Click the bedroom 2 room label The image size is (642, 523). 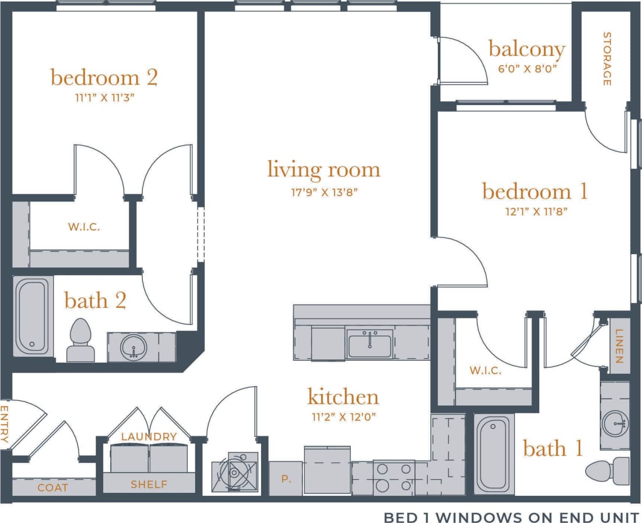pyautogui.click(x=104, y=77)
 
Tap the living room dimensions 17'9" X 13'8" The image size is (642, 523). pyautogui.click(x=324, y=192)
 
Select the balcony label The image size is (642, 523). pyautogui.click(x=527, y=50)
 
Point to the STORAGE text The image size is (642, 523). pyautogui.click(x=607, y=58)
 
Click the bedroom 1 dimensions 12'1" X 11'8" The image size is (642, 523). pyautogui.click(x=536, y=212)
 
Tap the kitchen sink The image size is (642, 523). pyautogui.click(x=369, y=344)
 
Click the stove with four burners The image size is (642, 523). pyautogui.click(x=394, y=477)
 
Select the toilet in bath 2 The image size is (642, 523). pyautogui.click(x=81, y=341)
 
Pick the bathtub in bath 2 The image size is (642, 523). pyautogui.click(x=32, y=316)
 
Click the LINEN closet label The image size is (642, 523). pyautogui.click(x=619, y=346)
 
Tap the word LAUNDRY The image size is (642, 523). pyautogui.click(x=149, y=437)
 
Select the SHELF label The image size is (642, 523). pyautogui.click(x=149, y=484)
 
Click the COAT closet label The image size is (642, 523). pyautogui.click(x=52, y=488)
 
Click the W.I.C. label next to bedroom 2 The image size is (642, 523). pyautogui.click(x=84, y=227)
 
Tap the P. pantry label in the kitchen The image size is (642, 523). pyautogui.click(x=286, y=479)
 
